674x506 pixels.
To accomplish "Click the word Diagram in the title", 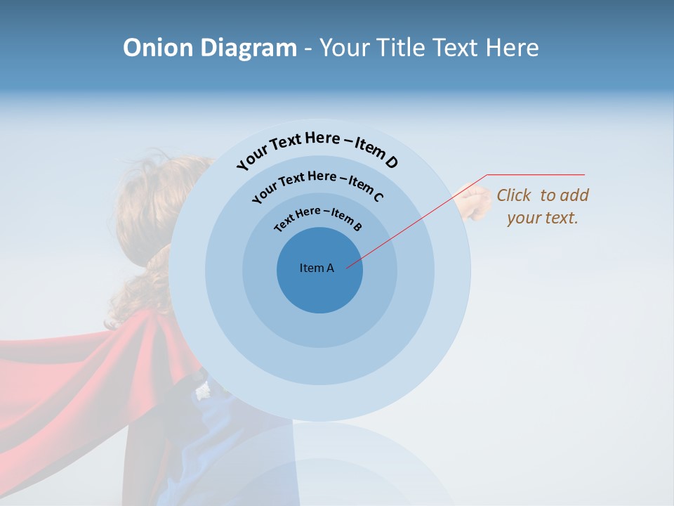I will tap(249, 48).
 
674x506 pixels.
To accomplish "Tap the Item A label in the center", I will tap(317, 268).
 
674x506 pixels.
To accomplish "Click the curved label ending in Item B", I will tap(318, 217).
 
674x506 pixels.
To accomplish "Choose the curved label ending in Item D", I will tap(317, 148).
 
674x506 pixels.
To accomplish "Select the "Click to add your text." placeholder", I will tap(543, 207).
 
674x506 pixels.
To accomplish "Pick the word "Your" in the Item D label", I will tap(253, 158).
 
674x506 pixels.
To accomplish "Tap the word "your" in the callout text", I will tap(522, 218).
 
